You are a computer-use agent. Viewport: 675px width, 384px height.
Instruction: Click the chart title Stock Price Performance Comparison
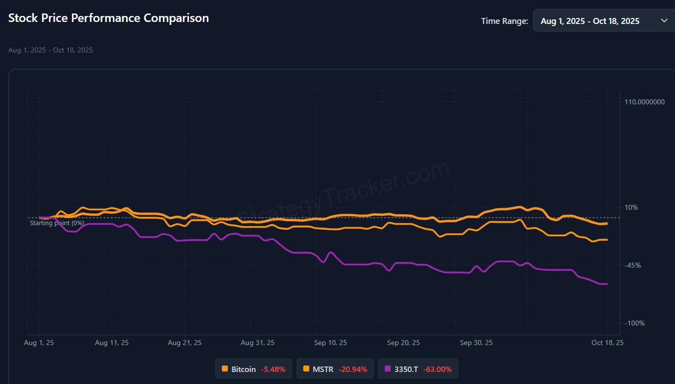click(x=108, y=18)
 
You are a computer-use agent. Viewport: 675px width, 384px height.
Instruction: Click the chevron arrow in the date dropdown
click(x=664, y=20)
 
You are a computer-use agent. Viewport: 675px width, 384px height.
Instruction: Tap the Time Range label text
click(x=504, y=21)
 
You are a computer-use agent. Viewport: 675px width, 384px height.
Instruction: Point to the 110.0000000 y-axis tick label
click(x=645, y=102)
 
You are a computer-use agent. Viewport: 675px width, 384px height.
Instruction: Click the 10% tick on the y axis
click(x=631, y=207)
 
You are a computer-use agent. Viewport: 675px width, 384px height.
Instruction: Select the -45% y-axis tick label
click(x=633, y=265)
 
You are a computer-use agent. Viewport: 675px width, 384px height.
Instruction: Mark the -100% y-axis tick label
click(x=635, y=323)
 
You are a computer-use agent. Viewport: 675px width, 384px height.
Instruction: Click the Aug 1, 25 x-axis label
click(x=39, y=343)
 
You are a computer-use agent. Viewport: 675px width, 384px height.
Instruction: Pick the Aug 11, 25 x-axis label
click(x=111, y=343)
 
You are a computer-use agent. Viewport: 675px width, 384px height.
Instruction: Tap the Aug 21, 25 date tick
click(x=185, y=343)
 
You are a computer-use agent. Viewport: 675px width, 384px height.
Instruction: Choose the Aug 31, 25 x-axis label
click(x=257, y=343)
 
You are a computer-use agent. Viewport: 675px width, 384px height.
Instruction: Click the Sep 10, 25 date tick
click(x=330, y=343)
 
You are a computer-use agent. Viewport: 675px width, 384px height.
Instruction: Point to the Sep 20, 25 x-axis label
click(x=403, y=343)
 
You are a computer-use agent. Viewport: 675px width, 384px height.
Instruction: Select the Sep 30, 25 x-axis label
click(x=476, y=343)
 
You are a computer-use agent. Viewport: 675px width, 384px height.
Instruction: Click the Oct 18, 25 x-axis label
click(x=607, y=343)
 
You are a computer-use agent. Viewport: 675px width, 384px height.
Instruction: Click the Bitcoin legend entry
click(x=253, y=369)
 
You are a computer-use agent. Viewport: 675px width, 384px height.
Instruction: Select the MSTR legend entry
click(x=335, y=369)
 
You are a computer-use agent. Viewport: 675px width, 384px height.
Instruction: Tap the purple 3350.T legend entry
click(x=418, y=369)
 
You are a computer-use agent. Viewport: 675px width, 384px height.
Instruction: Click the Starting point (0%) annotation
click(x=57, y=223)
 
